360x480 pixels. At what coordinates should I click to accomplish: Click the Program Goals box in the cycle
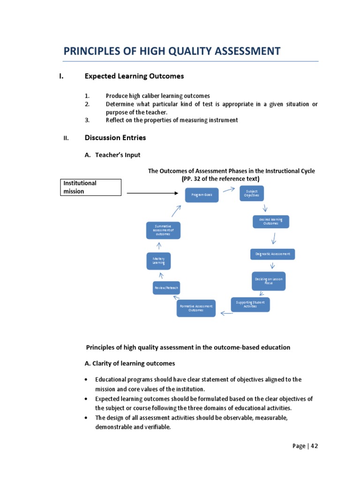coord(202,194)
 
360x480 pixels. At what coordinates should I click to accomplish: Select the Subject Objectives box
coord(252,193)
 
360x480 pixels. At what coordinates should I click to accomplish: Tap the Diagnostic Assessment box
coord(272,254)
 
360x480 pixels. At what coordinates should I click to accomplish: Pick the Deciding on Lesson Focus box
coord(269,281)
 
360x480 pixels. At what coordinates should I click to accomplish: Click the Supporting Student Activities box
coord(250,304)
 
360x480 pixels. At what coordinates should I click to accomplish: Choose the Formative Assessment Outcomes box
coord(196,308)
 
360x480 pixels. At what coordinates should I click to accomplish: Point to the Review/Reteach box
coord(166,287)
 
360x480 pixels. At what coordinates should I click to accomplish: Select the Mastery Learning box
coord(158,261)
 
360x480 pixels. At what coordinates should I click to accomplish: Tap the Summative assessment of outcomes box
coord(163,230)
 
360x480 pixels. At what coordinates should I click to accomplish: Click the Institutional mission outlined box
coord(92,187)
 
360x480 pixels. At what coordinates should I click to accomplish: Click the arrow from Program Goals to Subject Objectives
coord(229,189)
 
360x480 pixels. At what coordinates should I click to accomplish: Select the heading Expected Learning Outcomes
coord(134,76)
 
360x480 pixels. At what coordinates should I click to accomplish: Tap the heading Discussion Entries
coord(115,138)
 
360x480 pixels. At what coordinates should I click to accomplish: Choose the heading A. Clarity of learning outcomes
coord(130,363)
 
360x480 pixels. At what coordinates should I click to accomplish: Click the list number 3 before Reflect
coord(87,120)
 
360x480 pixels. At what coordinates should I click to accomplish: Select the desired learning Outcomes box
coord(270,221)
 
